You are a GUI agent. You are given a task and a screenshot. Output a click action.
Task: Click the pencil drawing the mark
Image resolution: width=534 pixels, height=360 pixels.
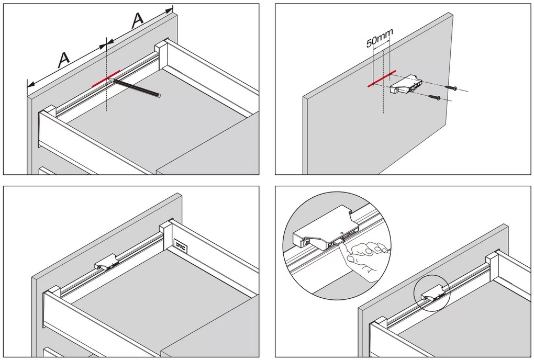point(137,87)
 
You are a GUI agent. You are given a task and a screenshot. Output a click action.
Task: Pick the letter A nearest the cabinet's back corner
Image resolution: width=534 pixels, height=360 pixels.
point(137,20)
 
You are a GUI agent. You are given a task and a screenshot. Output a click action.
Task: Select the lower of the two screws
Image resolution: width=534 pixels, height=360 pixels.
point(434,96)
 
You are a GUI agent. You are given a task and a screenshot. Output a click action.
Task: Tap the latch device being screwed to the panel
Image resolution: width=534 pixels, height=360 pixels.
point(405,83)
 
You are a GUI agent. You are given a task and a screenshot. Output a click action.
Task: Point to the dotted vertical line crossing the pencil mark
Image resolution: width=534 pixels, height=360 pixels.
point(106,97)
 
